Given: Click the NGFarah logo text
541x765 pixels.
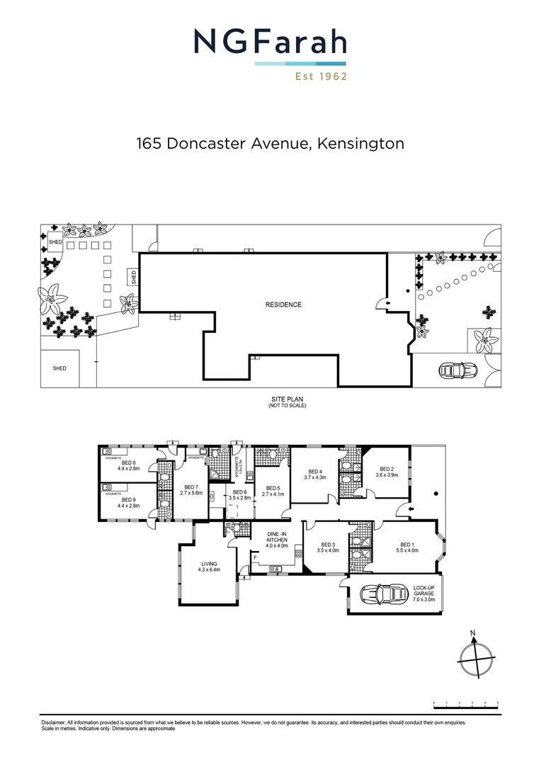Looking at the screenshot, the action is pyautogui.click(x=270, y=42).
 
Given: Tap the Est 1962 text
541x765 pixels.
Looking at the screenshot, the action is pyautogui.click(x=321, y=76).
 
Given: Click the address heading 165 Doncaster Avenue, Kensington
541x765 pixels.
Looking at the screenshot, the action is pyautogui.click(x=270, y=144).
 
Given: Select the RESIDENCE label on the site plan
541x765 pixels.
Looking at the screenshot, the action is pyautogui.click(x=283, y=305).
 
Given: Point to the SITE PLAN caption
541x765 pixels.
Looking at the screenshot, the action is pyautogui.click(x=283, y=399).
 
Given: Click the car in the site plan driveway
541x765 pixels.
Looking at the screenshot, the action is pyautogui.click(x=457, y=370).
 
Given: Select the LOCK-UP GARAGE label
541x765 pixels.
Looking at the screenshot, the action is pyautogui.click(x=428, y=593).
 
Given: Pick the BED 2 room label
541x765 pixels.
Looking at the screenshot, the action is pyautogui.click(x=387, y=472).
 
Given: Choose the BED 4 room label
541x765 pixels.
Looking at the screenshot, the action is pyautogui.click(x=315, y=475).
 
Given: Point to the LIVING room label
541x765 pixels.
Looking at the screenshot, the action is pyautogui.click(x=210, y=567).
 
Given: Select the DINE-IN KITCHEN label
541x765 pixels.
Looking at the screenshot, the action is pyautogui.click(x=276, y=540).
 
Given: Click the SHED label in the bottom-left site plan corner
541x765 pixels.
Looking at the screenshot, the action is pyautogui.click(x=59, y=368).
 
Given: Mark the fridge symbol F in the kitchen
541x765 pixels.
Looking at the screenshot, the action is pyautogui.click(x=255, y=558).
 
